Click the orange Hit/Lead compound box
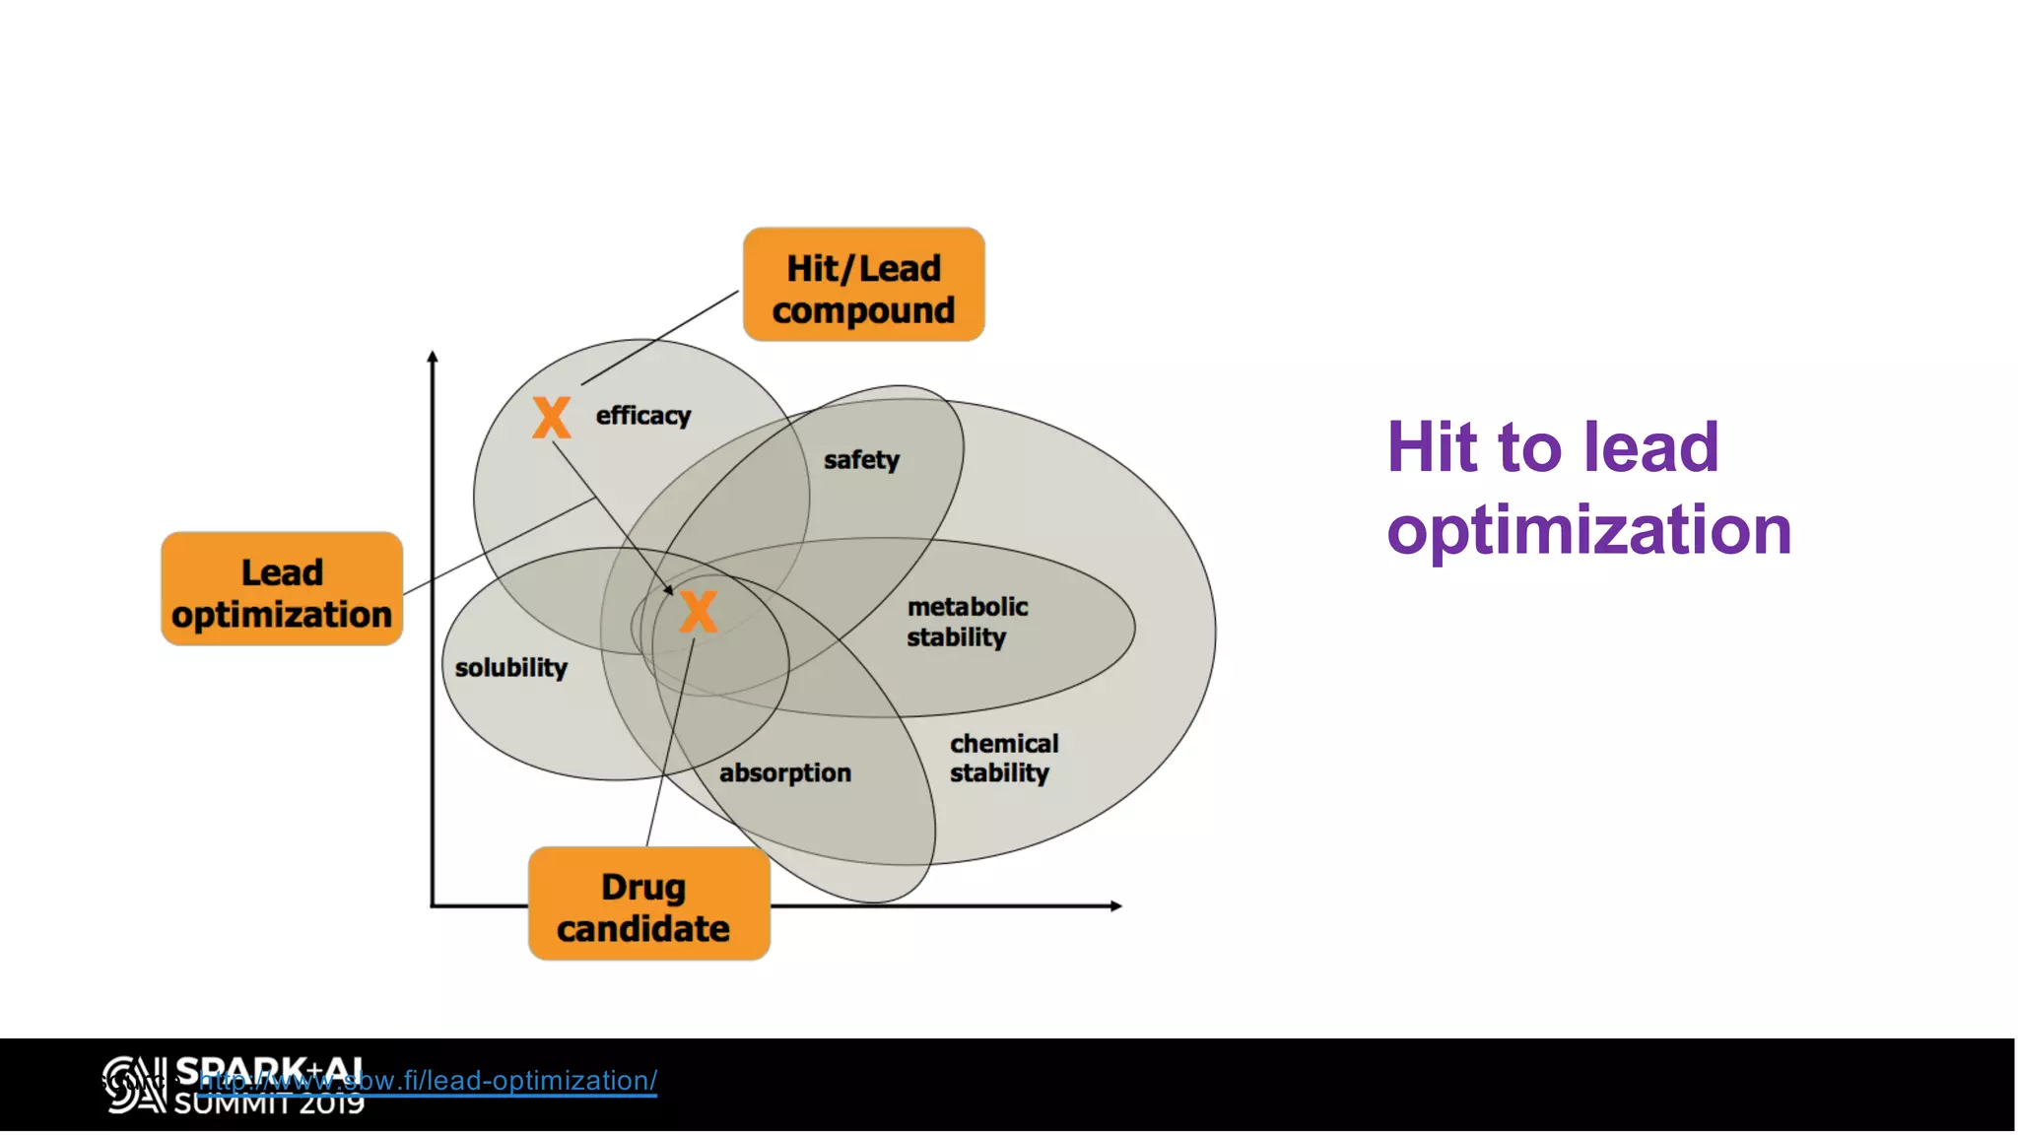pyautogui.click(x=863, y=286)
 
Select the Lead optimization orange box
pyautogui.click(x=282, y=590)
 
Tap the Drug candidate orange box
pyautogui.click(x=648, y=904)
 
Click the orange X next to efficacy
pyautogui.click(x=552, y=418)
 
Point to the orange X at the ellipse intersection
pyautogui.click(x=699, y=612)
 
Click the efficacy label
pyautogui.click(x=642, y=416)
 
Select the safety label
pyautogui.click(x=861, y=460)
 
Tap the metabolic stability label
pyautogui.click(x=966, y=623)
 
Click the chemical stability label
pyautogui.click(x=1003, y=759)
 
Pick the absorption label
pyautogui.click(x=784, y=773)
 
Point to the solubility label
pyautogui.click(x=510, y=668)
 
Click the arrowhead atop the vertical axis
pyautogui.click(x=433, y=357)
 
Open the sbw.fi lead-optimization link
pyautogui.click(x=428, y=1081)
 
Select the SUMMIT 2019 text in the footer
pyautogui.click(x=269, y=1105)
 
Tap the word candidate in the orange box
pyautogui.click(x=642, y=929)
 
